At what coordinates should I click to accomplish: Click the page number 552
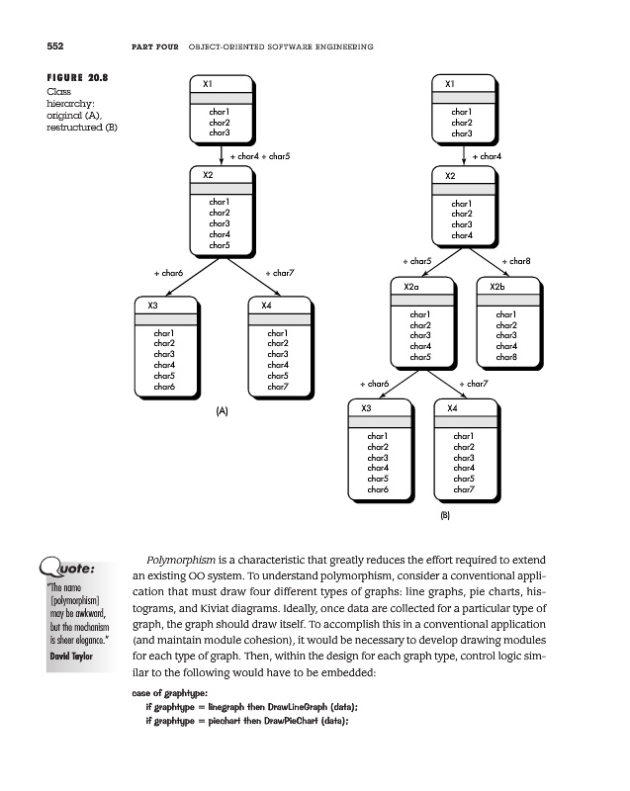(x=28, y=46)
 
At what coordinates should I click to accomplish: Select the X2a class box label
(x=411, y=286)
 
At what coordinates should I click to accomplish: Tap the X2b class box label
(x=497, y=286)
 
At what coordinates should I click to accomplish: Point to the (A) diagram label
(x=222, y=410)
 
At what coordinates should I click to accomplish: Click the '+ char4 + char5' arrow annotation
(x=259, y=156)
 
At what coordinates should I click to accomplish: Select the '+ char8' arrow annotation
(x=517, y=261)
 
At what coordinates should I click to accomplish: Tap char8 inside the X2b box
(x=505, y=357)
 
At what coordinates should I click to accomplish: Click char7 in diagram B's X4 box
(x=461, y=489)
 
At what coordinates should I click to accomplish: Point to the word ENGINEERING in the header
(x=342, y=46)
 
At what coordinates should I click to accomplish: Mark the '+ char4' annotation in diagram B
(x=488, y=156)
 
